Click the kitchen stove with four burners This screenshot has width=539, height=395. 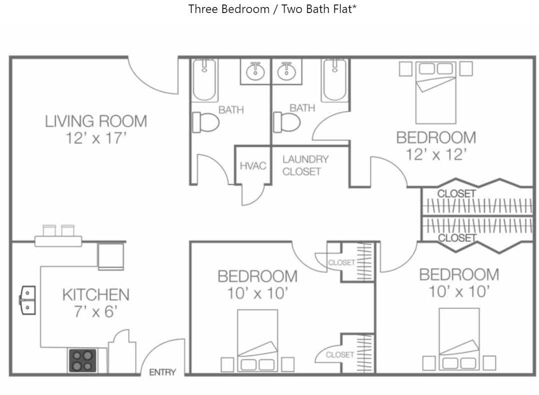tap(82, 360)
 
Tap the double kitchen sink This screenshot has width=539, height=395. tap(27, 300)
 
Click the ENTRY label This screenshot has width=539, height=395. tap(162, 372)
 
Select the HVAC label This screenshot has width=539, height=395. tap(253, 165)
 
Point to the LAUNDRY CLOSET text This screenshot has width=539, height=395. tap(305, 165)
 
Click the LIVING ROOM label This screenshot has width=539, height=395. tap(96, 121)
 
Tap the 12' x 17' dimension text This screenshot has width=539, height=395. tap(96, 138)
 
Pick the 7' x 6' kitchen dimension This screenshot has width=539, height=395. tap(96, 312)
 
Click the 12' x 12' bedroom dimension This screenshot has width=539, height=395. tap(436, 154)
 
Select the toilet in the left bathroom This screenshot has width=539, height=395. tap(205, 122)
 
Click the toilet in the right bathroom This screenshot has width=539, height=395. tap(286, 122)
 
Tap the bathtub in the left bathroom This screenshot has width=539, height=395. tap(204, 80)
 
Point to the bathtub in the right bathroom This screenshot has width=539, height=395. tap(334, 80)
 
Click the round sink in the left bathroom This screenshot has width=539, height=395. tap(255, 72)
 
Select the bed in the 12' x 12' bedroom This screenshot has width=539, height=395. tap(436, 92)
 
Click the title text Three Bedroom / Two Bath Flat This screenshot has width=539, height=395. tap(272, 9)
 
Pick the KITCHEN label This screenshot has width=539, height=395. tap(96, 295)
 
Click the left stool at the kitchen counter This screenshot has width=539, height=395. tap(49, 230)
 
